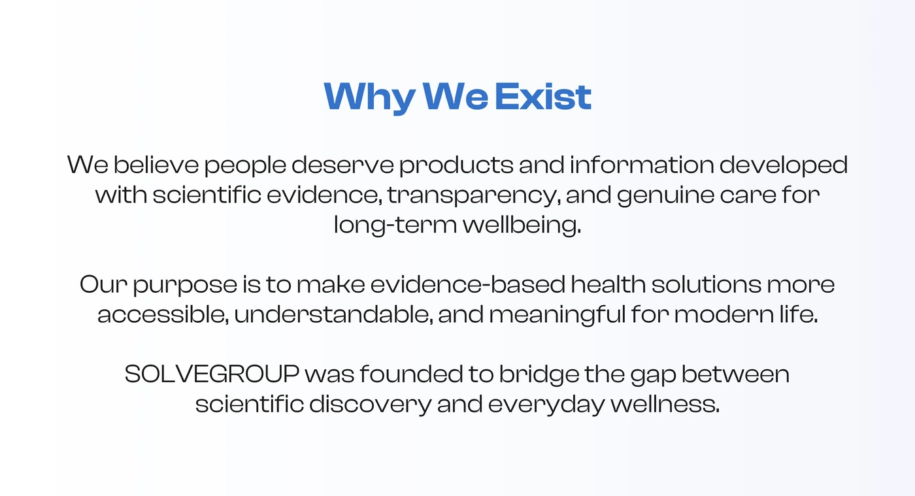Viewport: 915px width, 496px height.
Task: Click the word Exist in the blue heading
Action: click(x=543, y=97)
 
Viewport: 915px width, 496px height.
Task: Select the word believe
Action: click(x=156, y=165)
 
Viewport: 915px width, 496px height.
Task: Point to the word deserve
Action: click(x=342, y=165)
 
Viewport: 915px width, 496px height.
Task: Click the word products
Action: click(x=456, y=166)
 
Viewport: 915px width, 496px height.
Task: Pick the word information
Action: click(x=642, y=165)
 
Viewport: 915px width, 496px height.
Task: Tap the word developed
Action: click(x=784, y=166)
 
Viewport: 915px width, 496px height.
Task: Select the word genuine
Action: click(x=665, y=196)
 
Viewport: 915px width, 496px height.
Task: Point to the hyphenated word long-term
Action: click(x=395, y=225)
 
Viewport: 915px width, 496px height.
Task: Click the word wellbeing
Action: click(x=522, y=225)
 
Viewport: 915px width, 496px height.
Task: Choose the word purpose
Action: click(x=185, y=286)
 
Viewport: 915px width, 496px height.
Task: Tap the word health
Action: click(x=608, y=284)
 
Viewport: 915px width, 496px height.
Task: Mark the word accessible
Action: click(x=163, y=314)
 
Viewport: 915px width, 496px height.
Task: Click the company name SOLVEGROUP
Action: click(x=212, y=374)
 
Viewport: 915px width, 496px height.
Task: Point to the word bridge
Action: click(x=539, y=375)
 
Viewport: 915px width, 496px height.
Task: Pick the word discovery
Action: click(x=370, y=405)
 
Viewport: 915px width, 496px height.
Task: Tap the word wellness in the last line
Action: click(x=665, y=404)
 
